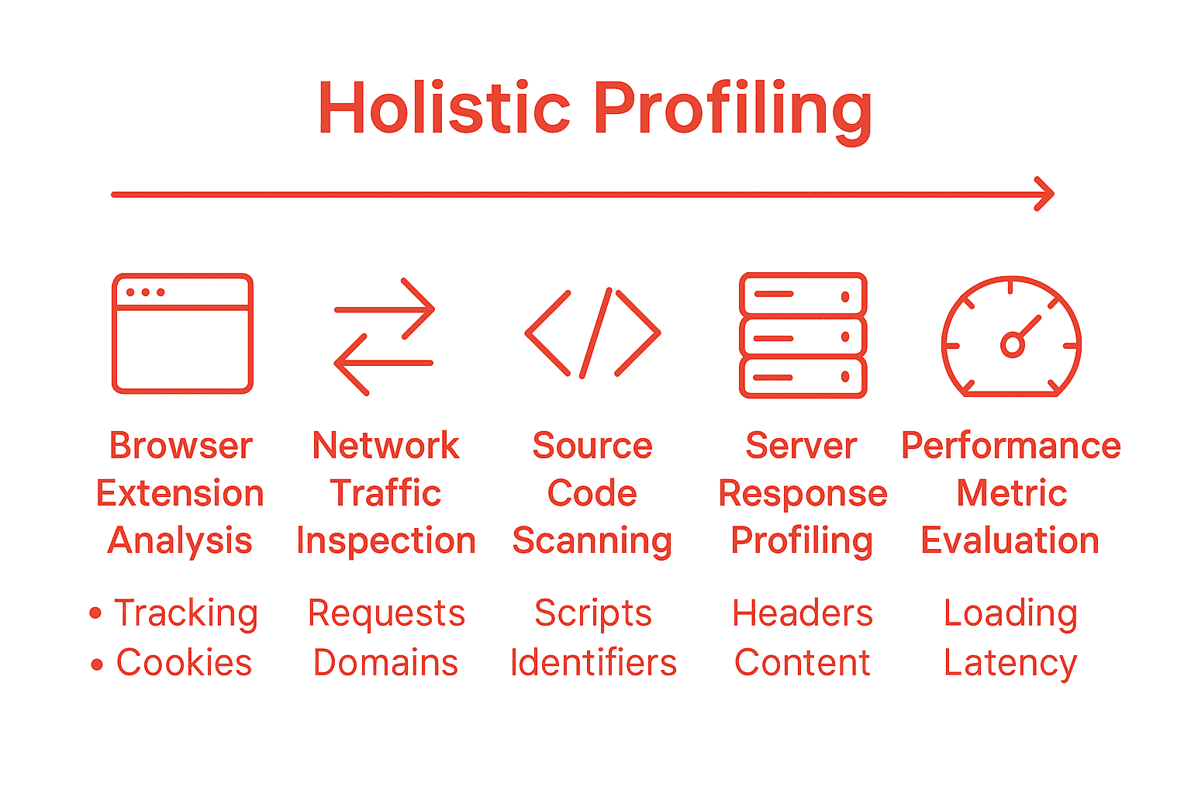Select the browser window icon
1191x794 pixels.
tap(182, 333)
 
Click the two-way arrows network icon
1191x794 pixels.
tap(384, 336)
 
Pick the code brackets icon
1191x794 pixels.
tap(592, 333)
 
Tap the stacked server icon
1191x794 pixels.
tap(803, 335)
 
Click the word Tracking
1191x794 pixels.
tap(186, 613)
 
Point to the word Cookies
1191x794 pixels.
tap(184, 663)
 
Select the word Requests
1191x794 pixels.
tap(386, 613)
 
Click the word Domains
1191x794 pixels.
tap(385, 663)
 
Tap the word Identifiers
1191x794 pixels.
tap(593, 663)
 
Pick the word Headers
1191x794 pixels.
tap(803, 613)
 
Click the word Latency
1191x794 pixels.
tap(1010, 663)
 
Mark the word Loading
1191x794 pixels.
tap(1010, 613)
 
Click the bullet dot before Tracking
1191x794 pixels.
tap(95, 613)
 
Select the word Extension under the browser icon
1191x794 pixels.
tap(180, 494)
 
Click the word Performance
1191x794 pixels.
tap(1010, 446)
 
